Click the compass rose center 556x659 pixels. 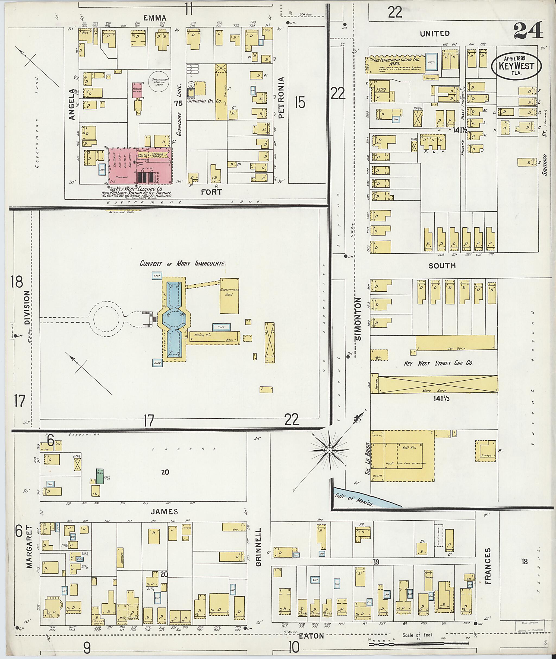point(329,451)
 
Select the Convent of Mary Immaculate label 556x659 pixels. point(183,263)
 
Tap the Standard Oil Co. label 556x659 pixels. point(204,101)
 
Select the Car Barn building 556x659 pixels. point(456,342)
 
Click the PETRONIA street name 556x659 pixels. point(282,98)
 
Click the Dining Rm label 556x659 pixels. point(203,335)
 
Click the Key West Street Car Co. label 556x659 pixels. point(438,363)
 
